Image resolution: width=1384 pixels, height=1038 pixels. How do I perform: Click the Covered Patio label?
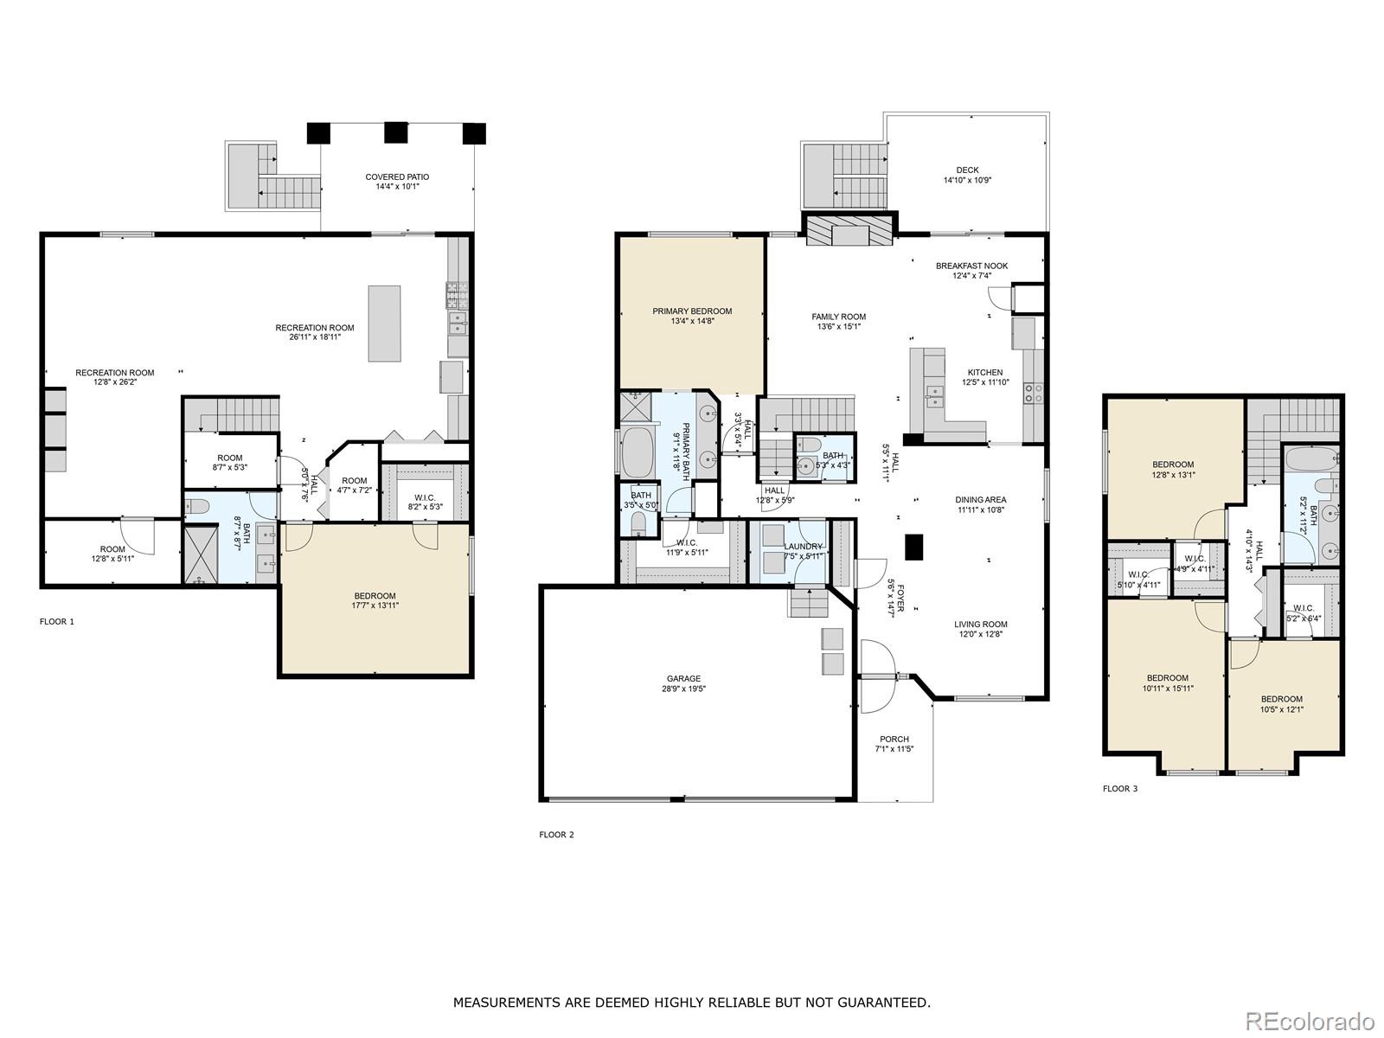[397, 182]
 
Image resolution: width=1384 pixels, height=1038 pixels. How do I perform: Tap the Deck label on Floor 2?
[967, 175]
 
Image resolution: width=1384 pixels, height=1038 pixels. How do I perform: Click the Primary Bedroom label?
[692, 316]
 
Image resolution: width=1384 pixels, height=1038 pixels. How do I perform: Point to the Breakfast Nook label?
[971, 271]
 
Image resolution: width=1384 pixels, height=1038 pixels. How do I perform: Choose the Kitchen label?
[985, 377]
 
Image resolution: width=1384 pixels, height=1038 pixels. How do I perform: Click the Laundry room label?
[803, 551]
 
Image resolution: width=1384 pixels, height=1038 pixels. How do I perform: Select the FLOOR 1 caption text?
[57, 622]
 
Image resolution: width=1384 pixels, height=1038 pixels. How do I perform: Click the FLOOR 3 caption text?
[1119, 789]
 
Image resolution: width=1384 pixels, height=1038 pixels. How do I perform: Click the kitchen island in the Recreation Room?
[385, 324]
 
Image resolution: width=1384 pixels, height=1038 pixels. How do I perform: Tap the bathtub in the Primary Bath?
[639, 451]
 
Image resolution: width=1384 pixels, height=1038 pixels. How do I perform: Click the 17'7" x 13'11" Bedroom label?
[375, 600]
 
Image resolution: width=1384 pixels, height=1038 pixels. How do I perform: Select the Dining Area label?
[981, 504]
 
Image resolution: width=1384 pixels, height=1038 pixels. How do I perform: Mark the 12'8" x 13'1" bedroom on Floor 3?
[1173, 469]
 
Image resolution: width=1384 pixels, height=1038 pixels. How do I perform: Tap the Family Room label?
[838, 321]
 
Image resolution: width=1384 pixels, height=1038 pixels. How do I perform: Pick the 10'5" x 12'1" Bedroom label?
[1281, 704]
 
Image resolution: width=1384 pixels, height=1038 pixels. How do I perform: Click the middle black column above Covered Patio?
[396, 132]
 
